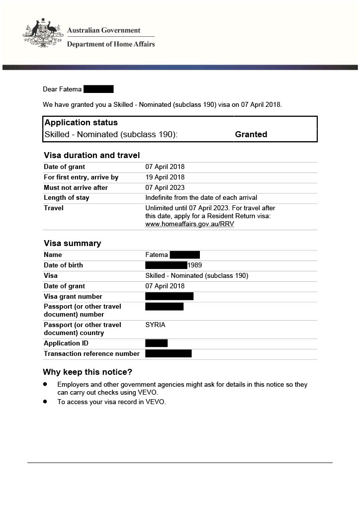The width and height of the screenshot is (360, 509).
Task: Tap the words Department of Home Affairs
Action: pos(111,44)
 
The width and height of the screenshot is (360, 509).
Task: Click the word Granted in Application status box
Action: pos(251,134)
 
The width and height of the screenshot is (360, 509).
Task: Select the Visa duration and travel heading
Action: pos(91,156)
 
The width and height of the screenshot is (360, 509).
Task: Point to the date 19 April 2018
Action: pos(165,177)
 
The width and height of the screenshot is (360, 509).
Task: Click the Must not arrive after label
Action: pos(76,188)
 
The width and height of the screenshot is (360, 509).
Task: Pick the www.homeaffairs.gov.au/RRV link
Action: pos(189,224)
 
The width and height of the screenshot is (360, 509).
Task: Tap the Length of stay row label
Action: pos(67,198)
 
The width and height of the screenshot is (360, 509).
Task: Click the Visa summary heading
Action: pos(72,244)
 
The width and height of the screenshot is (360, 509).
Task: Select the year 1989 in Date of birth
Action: pos(195,265)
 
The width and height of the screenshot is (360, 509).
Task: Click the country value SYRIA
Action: pos(155,325)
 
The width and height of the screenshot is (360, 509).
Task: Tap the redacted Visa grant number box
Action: pos(169,297)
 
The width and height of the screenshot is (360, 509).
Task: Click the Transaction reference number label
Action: pos(91,354)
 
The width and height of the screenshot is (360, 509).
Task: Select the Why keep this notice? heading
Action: pos(88,372)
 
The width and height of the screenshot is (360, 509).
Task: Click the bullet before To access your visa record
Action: pos(45,402)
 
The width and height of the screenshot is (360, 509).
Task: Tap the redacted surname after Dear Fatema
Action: pos(98,89)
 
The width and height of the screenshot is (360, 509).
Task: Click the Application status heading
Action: pos(81,123)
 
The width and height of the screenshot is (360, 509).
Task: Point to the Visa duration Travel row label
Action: pos(54,208)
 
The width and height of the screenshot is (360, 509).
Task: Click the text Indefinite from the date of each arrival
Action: pos(201,198)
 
